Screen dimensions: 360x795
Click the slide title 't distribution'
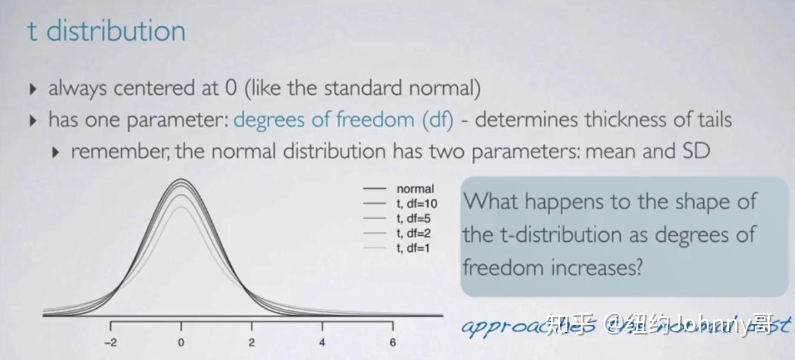click(x=107, y=31)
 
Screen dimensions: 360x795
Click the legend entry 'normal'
click(x=415, y=189)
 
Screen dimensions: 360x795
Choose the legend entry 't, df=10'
click(x=417, y=204)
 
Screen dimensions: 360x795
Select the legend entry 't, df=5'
click(x=414, y=219)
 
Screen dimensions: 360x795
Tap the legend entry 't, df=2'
click(x=414, y=234)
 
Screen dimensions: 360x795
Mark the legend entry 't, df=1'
click(x=414, y=248)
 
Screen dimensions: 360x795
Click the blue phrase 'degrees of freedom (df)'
click(x=344, y=120)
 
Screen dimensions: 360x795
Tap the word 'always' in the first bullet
click(x=78, y=89)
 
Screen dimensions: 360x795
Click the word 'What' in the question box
click(x=491, y=202)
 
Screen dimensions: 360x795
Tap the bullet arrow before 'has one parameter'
click(x=33, y=121)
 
